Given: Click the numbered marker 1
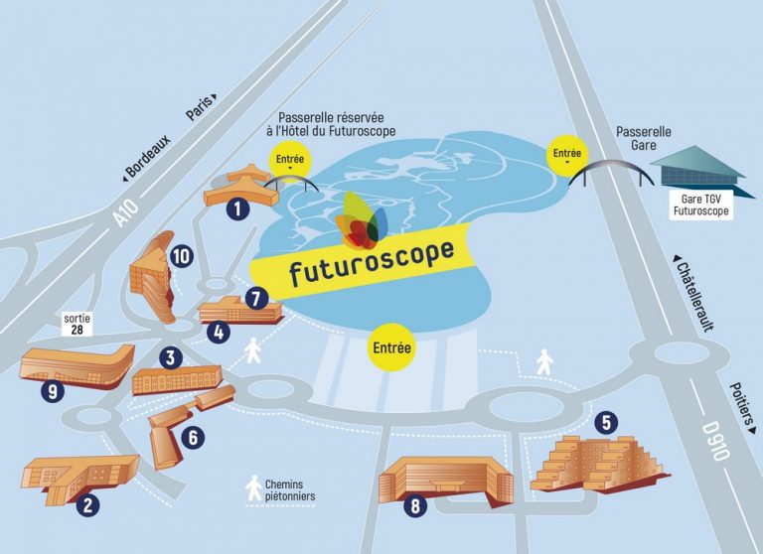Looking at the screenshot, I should pos(236,208).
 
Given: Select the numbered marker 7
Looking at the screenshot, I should pos(256,296).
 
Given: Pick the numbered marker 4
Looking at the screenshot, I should pos(218,333).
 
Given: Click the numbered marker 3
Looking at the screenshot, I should pos(171,357).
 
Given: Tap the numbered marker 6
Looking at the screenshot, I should pos(193,436).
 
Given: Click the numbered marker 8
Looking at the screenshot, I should pos(415,506).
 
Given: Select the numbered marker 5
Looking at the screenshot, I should pos(606,421).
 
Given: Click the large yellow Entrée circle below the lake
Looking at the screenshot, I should pos(390,348).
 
